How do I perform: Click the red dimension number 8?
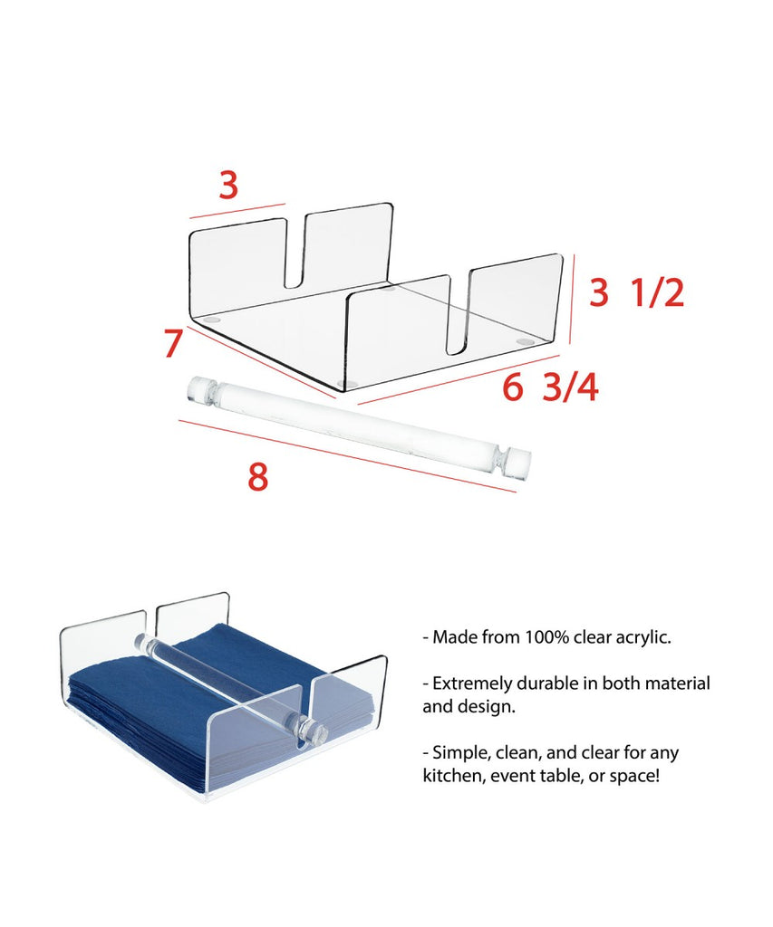point(257,476)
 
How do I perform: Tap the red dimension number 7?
point(173,343)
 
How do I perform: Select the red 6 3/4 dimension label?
point(550,387)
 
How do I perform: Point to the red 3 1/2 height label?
point(637,292)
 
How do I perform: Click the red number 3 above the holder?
point(227,185)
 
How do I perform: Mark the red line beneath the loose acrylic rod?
point(347,456)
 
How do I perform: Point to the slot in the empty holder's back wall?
point(296,253)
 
